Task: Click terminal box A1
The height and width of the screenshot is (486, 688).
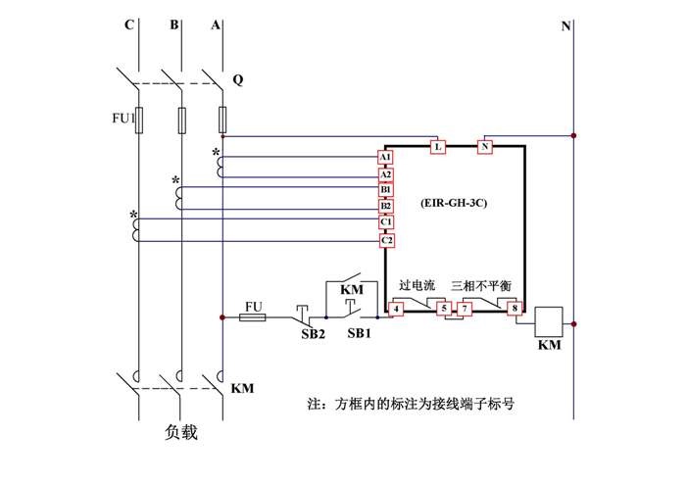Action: tap(385, 158)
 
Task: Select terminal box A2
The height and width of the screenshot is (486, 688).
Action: tap(385, 174)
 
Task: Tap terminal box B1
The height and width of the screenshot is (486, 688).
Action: tap(385, 190)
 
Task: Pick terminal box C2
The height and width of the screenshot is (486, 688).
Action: tap(385, 240)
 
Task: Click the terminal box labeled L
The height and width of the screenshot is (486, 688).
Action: tap(438, 147)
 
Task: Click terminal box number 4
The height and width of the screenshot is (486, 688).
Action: tap(396, 310)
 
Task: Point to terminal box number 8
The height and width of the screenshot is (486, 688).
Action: tap(514, 310)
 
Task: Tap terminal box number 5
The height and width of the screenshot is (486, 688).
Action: tap(443, 310)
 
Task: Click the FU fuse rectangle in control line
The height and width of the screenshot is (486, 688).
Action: tap(254, 317)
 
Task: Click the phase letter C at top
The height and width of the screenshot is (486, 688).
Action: tap(129, 26)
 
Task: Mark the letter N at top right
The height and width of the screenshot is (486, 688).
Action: tap(565, 26)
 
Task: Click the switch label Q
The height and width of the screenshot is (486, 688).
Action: tap(238, 79)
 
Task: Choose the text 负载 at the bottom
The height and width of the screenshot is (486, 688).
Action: tap(182, 432)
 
